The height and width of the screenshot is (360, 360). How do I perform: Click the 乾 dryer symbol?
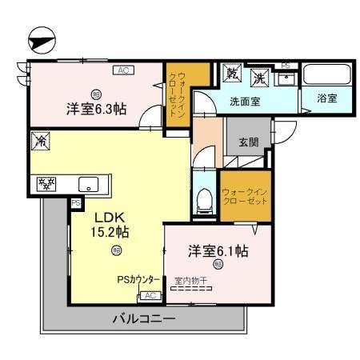pyautogui.click(x=233, y=74)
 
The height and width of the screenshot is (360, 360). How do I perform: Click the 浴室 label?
pyautogui.click(x=326, y=99)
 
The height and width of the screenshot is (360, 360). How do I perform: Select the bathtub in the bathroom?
pyautogui.click(x=325, y=76)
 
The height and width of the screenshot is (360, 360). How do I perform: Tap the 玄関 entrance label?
pyautogui.click(x=248, y=142)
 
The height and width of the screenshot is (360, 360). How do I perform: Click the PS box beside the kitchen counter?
pyautogui.click(x=76, y=203)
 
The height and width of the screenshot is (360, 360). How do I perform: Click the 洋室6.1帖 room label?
pyautogui.click(x=218, y=251)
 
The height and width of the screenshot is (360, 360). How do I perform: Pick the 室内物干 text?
pyautogui.click(x=193, y=281)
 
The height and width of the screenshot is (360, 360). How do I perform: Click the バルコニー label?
pyautogui.click(x=143, y=319)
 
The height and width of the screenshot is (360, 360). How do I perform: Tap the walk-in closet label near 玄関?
pyautogui.click(x=246, y=197)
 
